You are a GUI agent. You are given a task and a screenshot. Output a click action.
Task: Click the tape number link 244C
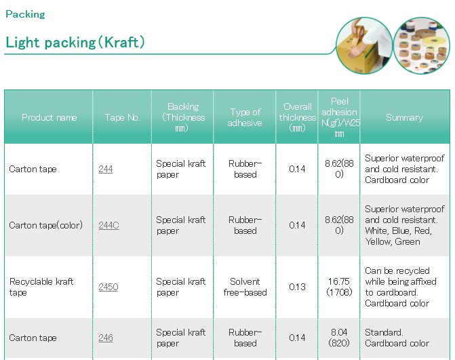(x=108, y=225)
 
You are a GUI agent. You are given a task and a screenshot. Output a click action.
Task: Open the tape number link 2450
(x=108, y=287)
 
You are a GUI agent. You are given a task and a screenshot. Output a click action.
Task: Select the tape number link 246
(x=106, y=338)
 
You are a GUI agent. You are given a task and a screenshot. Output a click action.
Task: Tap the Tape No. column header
(x=123, y=117)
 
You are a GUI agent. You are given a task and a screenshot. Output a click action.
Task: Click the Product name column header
(x=50, y=117)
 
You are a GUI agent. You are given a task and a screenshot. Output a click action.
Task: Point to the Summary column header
(x=405, y=117)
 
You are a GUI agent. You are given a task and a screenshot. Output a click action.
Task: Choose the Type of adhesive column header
(x=245, y=117)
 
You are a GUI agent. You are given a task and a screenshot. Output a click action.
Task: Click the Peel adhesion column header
(x=339, y=117)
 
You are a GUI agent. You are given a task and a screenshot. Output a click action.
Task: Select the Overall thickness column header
(x=298, y=117)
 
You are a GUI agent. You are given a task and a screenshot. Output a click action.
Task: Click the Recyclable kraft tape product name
(x=41, y=287)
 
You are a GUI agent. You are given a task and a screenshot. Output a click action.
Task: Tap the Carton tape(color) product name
(x=46, y=225)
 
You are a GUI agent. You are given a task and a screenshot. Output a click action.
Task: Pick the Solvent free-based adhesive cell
(x=245, y=287)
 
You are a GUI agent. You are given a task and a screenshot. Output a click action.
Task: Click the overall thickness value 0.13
(x=297, y=287)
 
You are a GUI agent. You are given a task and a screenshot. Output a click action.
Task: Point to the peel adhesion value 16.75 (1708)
(x=339, y=287)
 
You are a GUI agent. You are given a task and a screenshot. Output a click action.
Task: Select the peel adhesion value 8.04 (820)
(x=339, y=338)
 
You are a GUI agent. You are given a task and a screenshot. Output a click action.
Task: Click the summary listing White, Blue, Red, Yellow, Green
(x=405, y=225)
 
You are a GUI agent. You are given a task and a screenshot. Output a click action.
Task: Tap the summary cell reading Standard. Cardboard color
(x=397, y=338)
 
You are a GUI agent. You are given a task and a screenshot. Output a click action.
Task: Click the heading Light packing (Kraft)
(x=75, y=42)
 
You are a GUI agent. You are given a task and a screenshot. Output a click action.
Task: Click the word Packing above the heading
(x=25, y=14)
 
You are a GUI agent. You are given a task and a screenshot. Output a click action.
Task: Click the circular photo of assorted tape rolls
(x=422, y=45)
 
